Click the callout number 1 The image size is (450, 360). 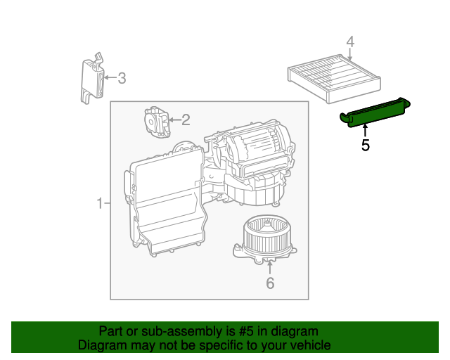(x=100, y=204)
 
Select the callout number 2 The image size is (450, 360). (x=186, y=120)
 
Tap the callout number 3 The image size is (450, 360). (x=122, y=78)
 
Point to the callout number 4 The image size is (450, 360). (x=350, y=42)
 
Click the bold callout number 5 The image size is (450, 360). (x=365, y=146)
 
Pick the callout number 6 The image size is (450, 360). (x=270, y=283)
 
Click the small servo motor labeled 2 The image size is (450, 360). (x=156, y=122)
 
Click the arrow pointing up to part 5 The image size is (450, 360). (x=365, y=130)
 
